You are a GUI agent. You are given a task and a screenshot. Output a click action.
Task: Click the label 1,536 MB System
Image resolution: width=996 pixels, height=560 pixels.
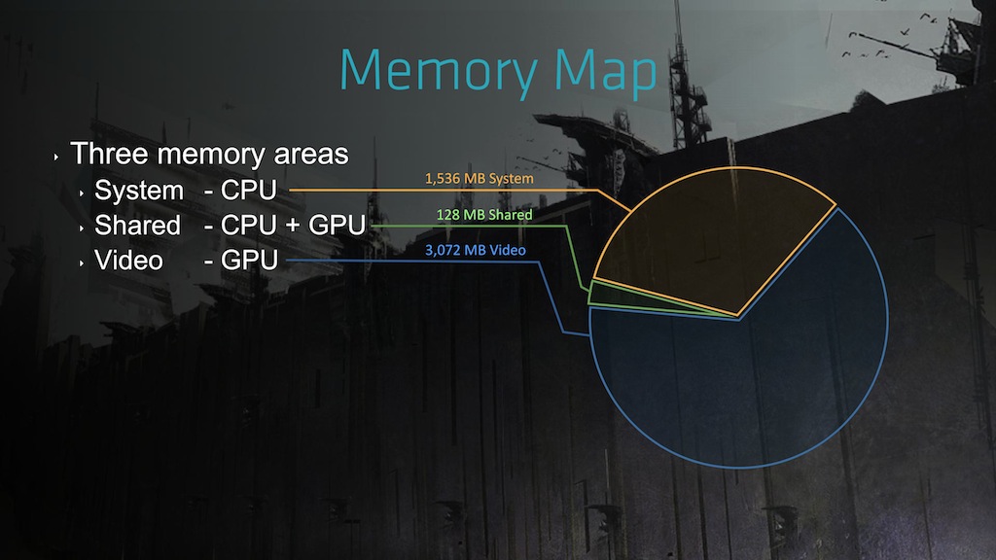coord(480,179)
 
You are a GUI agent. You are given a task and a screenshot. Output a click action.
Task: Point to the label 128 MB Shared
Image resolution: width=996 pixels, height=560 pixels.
coord(484,215)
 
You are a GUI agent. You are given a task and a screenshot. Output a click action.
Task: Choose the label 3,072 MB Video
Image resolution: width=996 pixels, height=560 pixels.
coord(477,251)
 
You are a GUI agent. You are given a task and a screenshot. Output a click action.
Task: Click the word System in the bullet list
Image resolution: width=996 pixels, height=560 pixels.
coord(138,190)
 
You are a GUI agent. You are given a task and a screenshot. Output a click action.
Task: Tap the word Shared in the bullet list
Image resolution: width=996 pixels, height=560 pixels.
coord(137,226)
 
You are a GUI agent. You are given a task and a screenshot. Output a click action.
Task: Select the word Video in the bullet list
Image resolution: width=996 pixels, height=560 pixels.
coord(128,261)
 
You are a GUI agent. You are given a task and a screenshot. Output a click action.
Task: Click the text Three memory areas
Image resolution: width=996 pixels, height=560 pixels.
coord(210,154)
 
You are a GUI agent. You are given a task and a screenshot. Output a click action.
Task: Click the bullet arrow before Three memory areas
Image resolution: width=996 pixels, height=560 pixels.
coord(57,156)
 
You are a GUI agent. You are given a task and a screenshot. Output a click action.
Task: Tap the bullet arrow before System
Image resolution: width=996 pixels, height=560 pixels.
coord(82,192)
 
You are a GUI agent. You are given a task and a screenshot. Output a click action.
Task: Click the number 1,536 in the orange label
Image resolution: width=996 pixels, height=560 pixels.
coord(442,179)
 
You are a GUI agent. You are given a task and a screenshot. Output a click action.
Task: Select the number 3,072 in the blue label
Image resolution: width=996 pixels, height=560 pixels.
coord(443,251)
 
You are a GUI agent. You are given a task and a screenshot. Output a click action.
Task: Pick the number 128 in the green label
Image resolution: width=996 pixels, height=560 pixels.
coord(447,215)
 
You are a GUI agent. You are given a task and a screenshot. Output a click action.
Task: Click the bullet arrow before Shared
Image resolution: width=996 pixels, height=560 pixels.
coord(82,227)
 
